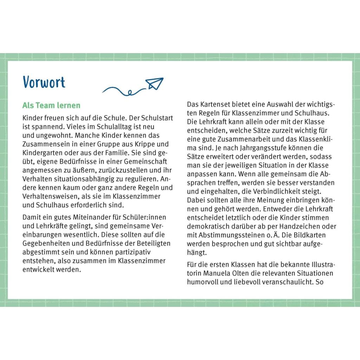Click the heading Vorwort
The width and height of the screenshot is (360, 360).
pyautogui.click(x=44, y=82)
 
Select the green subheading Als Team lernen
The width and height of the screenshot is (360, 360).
pyautogui.click(x=51, y=105)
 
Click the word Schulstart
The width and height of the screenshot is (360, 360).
pyautogui.click(x=157, y=118)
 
